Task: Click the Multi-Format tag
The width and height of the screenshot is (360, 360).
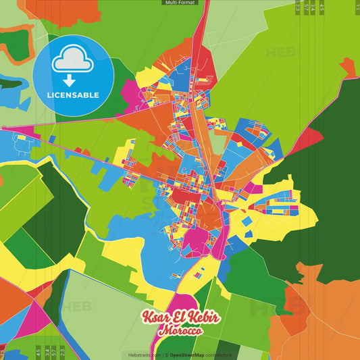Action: click(x=180, y=3)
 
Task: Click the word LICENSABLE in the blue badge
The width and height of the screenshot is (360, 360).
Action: click(x=73, y=95)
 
